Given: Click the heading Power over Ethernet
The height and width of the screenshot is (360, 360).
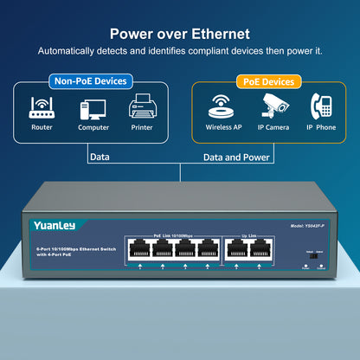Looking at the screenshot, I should (180, 34).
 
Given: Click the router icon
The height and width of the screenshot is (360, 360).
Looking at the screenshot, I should (42, 107).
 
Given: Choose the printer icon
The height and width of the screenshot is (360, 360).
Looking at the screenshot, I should (142, 108).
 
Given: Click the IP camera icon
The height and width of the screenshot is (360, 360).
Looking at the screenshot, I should (274, 106).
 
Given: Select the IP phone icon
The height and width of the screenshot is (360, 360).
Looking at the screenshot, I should (322, 106).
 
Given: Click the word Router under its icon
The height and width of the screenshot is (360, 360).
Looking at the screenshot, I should (42, 126).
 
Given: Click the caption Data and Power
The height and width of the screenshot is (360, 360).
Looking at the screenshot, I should (235, 157).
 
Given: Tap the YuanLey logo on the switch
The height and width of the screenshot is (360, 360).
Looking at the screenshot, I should (55, 225).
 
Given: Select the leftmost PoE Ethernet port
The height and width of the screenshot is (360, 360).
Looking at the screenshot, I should (138, 248).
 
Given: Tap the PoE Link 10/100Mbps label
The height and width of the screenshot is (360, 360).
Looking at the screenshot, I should (171, 235).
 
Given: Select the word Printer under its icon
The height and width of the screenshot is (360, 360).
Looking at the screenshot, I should (142, 126).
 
